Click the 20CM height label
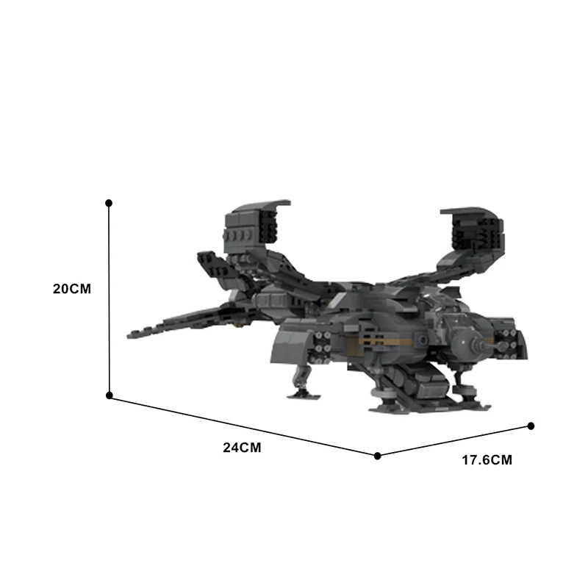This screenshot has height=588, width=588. tap(72, 289)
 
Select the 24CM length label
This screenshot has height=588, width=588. tap(242, 448)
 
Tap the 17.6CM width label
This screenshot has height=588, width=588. tap(487, 460)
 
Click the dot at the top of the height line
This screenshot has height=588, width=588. tap(109, 203)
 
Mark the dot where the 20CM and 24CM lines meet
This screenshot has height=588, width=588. tap(109, 395)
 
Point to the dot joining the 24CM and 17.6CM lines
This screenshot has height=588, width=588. tap(378, 456)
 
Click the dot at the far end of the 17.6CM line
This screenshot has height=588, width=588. tap(531, 426)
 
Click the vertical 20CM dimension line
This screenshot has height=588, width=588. tap(109, 299)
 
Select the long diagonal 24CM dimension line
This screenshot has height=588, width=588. tap(243, 426)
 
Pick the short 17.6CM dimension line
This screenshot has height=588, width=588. tap(454, 440)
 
